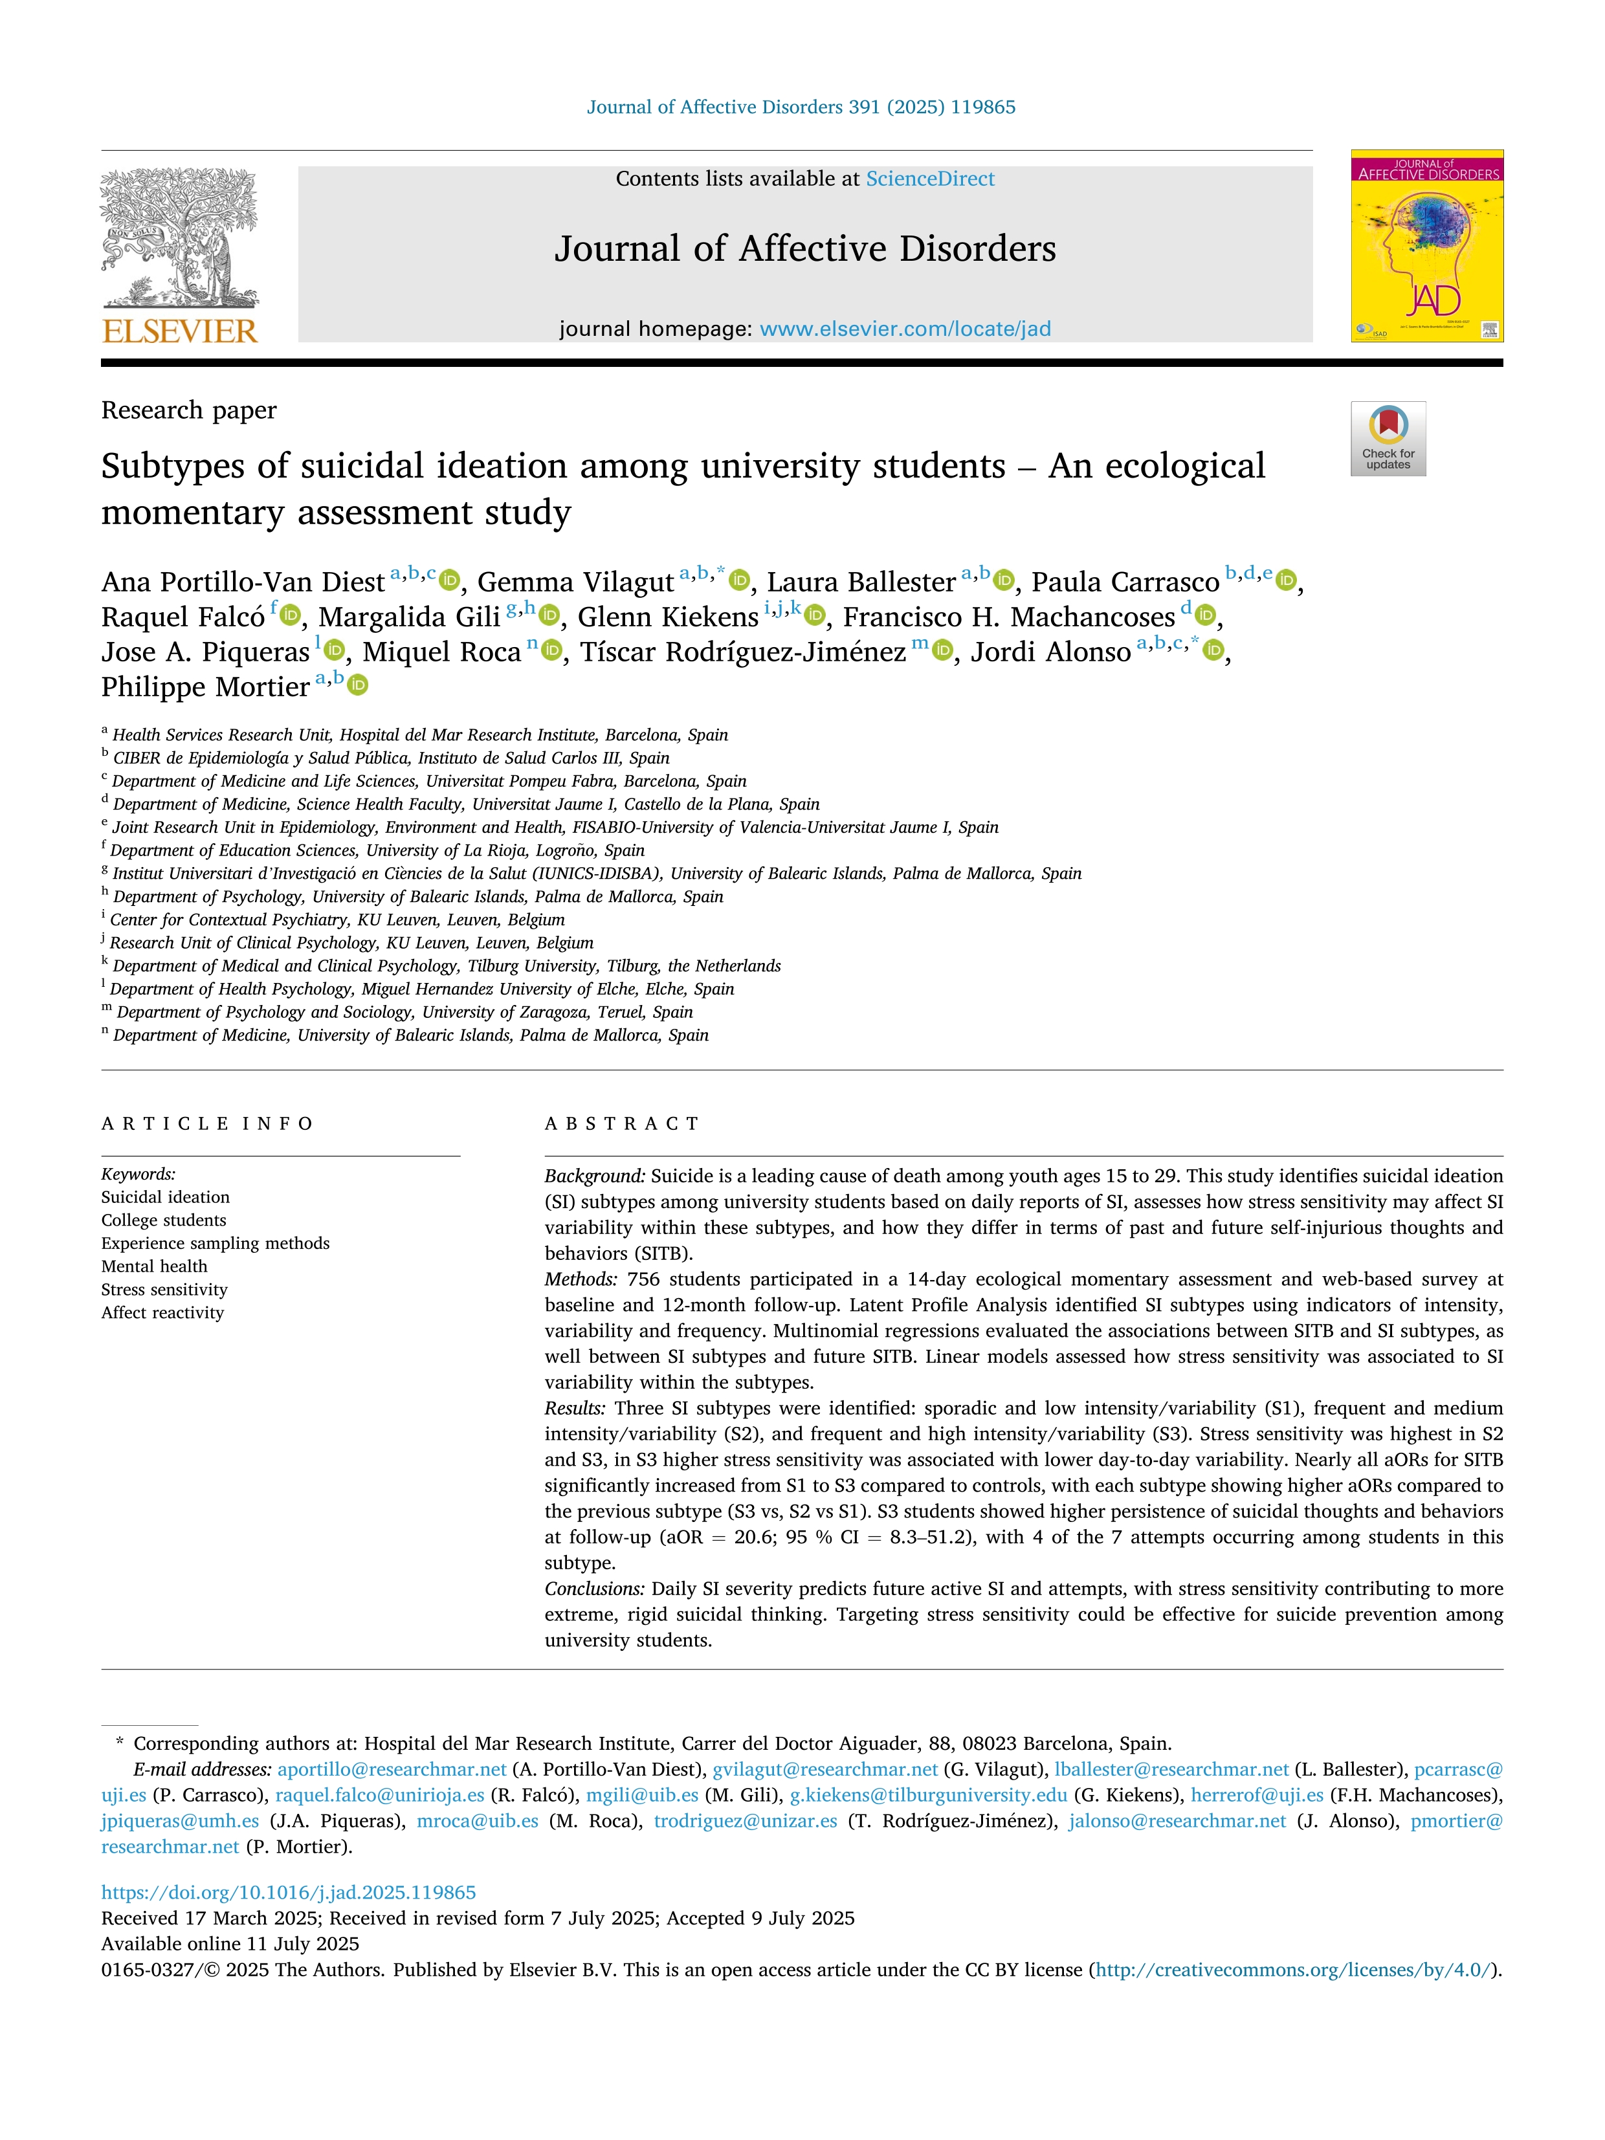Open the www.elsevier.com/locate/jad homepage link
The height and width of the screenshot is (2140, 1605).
pyautogui.click(x=905, y=329)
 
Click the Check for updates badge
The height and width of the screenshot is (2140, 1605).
pyautogui.click(x=1388, y=438)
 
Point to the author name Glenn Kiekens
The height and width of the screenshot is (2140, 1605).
pyautogui.click(x=667, y=617)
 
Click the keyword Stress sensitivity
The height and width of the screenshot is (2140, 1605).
pyautogui.click(x=164, y=1290)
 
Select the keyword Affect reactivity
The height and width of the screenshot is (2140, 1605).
pyautogui.click(x=162, y=1313)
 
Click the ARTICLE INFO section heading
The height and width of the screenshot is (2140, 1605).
pyautogui.click(x=207, y=1123)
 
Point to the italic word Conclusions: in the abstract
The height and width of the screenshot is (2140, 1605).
pyautogui.click(x=594, y=1589)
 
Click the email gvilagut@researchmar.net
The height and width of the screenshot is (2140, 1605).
pyautogui.click(x=825, y=1769)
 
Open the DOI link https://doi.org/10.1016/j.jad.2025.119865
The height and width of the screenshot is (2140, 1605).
pyautogui.click(x=288, y=1892)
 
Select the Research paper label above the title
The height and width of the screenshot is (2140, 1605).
pyautogui.click(x=189, y=410)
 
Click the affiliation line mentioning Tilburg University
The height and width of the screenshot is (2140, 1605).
pyautogui.click(x=446, y=965)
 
